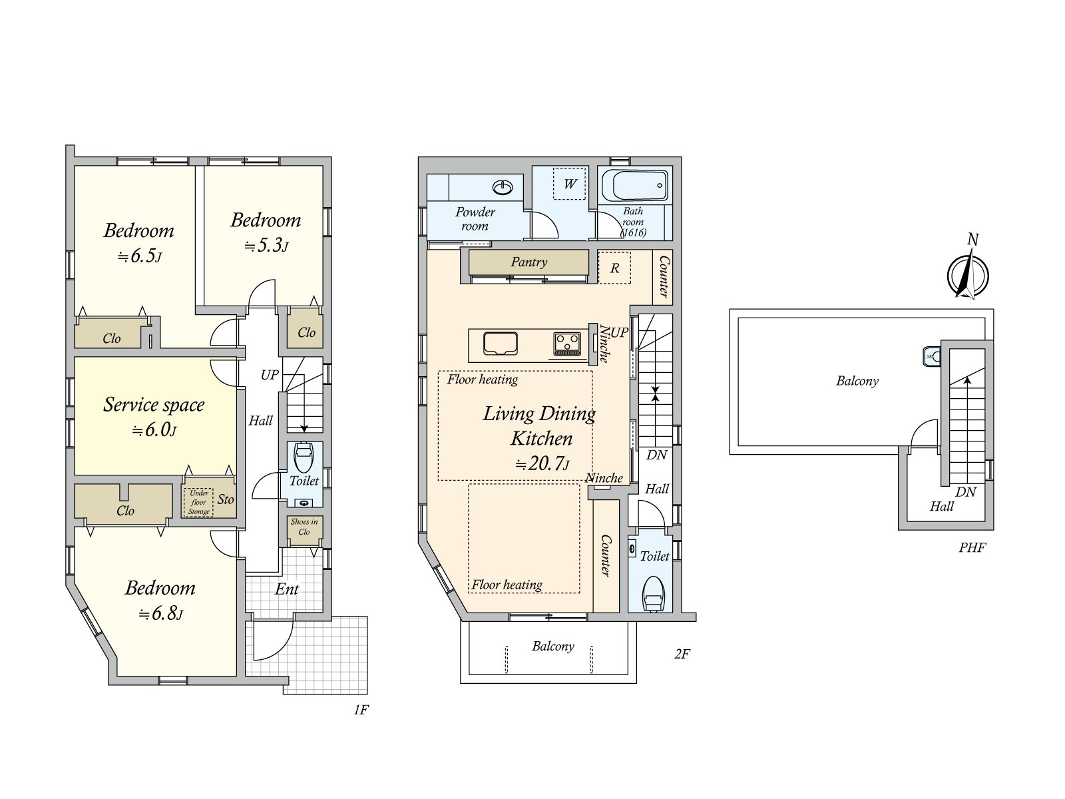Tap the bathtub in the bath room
635,185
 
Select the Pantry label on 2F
529,262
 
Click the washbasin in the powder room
503,187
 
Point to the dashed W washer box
570,183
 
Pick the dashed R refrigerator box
614,267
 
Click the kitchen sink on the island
501,343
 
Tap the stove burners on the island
567,344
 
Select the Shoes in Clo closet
304,529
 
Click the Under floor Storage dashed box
198,501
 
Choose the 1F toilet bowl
304,457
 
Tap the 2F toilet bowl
653,593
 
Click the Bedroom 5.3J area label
266,232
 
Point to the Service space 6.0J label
154,417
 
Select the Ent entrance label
287,589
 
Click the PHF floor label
972,548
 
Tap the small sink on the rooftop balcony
932,356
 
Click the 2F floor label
682,654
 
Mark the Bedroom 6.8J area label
160,600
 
